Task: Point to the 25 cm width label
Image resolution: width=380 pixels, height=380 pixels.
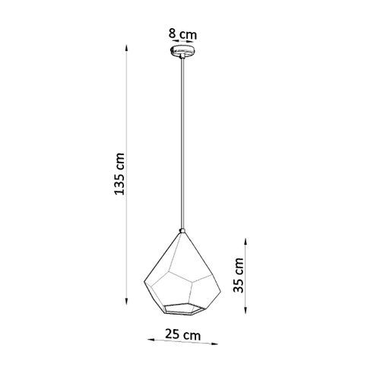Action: click(183, 335)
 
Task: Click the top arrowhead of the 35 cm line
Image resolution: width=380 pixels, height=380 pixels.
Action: click(244, 239)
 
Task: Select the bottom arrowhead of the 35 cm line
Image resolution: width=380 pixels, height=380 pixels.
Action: click(244, 312)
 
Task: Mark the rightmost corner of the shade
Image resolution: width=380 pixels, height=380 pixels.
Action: click(220, 280)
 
